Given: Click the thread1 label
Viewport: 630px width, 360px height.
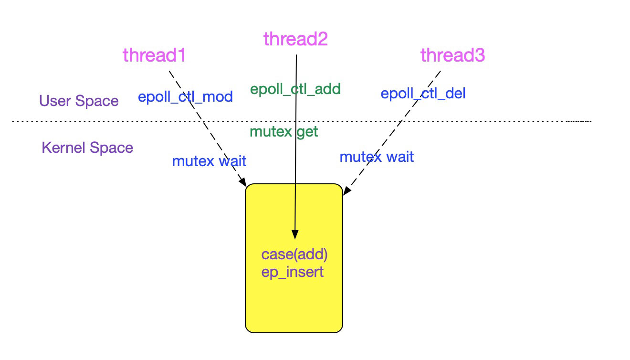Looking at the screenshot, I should pyautogui.click(x=154, y=55).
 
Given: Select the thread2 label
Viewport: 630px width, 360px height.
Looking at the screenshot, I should pyautogui.click(x=295, y=39).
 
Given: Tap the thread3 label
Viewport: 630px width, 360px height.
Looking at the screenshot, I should pyautogui.click(x=452, y=55).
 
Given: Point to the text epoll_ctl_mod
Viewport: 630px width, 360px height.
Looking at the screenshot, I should pyautogui.click(x=185, y=97).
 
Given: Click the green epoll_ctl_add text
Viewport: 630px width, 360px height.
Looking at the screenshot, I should pyautogui.click(x=295, y=89).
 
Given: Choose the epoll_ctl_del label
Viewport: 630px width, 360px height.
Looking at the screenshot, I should pyautogui.click(x=423, y=93).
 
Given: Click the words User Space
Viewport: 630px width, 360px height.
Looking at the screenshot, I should pyautogui.click(x=79, y=101).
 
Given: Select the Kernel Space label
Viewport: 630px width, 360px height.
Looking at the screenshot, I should pyautogui.click(x=87, y=148).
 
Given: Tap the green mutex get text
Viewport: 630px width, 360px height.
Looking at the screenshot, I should pyautogui.click(x=283, y=132).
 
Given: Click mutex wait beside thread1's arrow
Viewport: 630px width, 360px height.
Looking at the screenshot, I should pyautogui.click(x=209, y=161).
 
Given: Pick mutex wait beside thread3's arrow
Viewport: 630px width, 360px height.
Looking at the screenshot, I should pyautogui.click(x=377, y=157).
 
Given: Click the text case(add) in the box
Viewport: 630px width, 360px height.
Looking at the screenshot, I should pyautogui.click(x=294, y=254).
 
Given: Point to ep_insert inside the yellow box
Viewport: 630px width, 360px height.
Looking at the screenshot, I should pyautogui.click(x=292, y=272).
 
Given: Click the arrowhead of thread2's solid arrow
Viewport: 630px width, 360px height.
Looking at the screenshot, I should pyautogui.click(x=295, y=235).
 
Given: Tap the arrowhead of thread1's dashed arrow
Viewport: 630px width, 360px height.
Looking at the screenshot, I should pyautogui.click(x=243, y=183).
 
